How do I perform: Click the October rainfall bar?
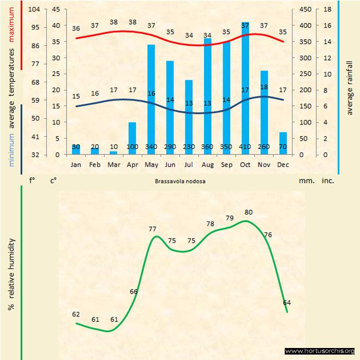245,87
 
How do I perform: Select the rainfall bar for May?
151,98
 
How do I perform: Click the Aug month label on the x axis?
208,164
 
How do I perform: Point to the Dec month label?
283,164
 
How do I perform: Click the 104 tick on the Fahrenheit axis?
35,9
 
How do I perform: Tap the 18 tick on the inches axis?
327,9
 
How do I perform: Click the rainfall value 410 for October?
245,147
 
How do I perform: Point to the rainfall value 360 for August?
208,147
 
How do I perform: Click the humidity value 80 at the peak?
249,212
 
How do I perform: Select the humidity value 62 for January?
76,314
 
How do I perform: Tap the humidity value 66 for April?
134,291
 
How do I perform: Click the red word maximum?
11,15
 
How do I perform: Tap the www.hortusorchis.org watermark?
320,351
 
